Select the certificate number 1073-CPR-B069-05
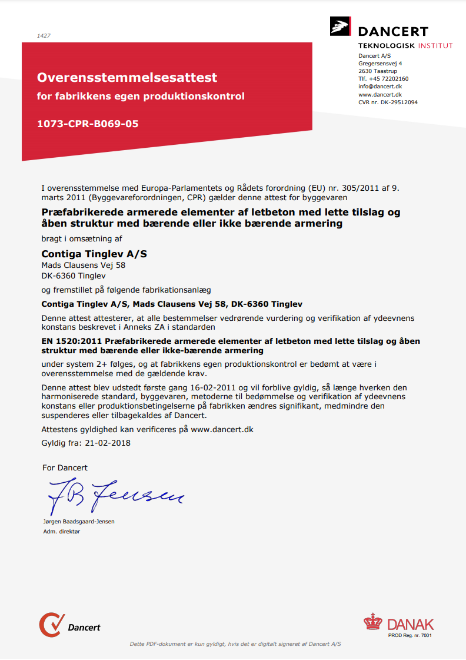pos(88,124)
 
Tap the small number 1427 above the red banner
pos(44,36)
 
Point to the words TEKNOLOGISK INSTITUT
pos(405,45)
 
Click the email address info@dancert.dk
pos(380,87)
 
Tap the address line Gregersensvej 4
pos(380,64)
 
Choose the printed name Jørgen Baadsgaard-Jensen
pos(79,522)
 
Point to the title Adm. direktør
pos(62,531)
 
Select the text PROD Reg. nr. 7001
pos(410,635)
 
